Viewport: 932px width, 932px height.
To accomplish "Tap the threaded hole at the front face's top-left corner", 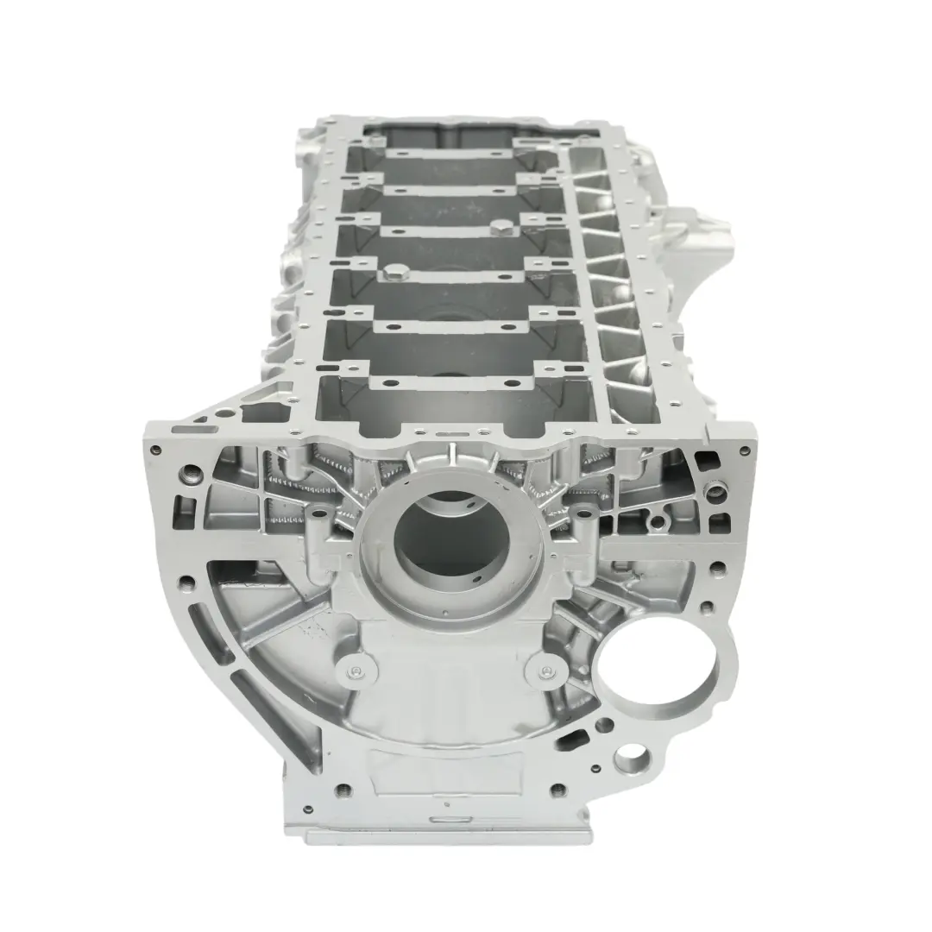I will [155, 450].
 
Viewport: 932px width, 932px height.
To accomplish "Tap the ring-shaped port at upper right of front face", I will [716, 493].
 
